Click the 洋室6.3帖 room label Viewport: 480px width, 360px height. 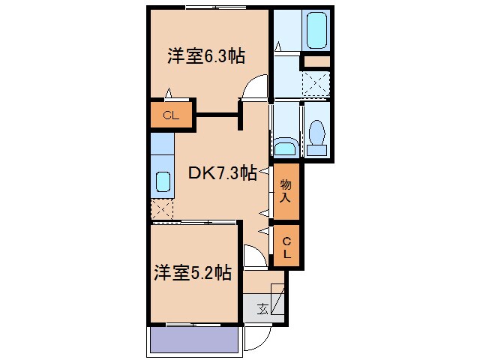[207, 56]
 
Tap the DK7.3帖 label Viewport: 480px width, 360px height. [222, 174]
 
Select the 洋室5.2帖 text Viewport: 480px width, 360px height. [193, 273]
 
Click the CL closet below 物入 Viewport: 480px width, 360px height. [286, 247]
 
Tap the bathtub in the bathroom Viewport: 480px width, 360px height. [317, 30]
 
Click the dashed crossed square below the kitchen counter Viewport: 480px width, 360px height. [162, 209]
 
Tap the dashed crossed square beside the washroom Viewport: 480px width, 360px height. [316, 83]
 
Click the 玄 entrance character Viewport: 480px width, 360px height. [262, 308]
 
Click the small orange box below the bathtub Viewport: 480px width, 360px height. [316, 61]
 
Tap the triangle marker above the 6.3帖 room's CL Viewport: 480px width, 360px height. [169, 94]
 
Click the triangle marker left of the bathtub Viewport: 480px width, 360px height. [277, 46]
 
